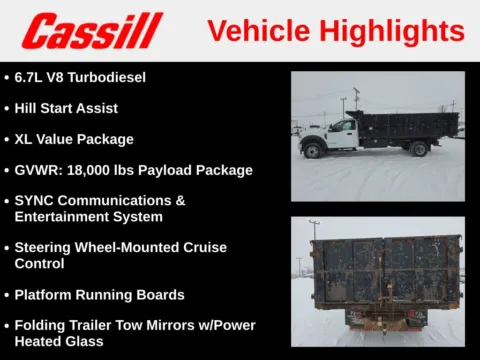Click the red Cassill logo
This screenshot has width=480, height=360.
[92, 31]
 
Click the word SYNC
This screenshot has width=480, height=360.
[36, 200]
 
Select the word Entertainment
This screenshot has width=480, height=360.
[62, 216]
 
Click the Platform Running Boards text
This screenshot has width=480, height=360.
[99, 295]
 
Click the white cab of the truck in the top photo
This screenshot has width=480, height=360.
[340, 133]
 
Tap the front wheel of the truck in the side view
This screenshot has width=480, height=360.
[313, 151]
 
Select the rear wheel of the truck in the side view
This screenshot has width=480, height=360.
[419, 150]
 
